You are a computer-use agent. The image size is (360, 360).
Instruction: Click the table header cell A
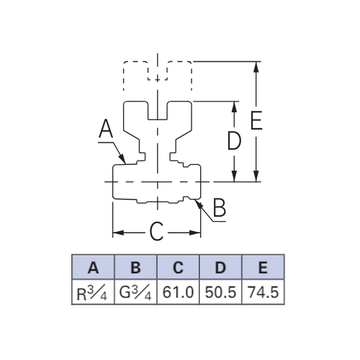point(93,267)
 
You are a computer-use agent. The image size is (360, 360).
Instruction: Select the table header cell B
point(135,267)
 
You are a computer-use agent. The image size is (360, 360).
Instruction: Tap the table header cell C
point(178,267)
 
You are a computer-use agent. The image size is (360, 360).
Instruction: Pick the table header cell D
point(220,267)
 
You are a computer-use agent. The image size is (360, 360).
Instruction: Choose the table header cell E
point(263,267)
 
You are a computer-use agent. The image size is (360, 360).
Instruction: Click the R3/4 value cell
point(93,292)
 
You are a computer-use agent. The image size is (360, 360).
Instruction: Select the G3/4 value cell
point(135,292)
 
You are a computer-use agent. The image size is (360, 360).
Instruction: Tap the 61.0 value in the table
point(178,292)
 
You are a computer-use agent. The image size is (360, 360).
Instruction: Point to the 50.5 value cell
point(220,292)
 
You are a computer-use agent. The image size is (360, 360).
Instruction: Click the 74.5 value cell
point(263,292)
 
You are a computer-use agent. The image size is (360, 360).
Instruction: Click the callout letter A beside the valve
point(106,129)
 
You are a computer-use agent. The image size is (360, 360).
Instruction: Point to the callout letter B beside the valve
point(220,208)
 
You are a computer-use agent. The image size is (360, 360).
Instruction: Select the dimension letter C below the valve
point(156,231)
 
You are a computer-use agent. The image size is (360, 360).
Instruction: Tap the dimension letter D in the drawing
point(234,140)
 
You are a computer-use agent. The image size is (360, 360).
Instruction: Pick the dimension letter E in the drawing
point(256,120)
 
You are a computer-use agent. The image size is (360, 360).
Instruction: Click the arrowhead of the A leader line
point(122,158)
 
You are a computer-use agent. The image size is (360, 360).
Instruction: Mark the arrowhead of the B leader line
point(198,204)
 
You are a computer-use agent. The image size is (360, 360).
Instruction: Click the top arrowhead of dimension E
point(256,67)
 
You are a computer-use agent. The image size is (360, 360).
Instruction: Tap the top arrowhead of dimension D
point(235,107)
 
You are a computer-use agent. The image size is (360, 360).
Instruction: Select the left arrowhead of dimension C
point(118,233)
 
